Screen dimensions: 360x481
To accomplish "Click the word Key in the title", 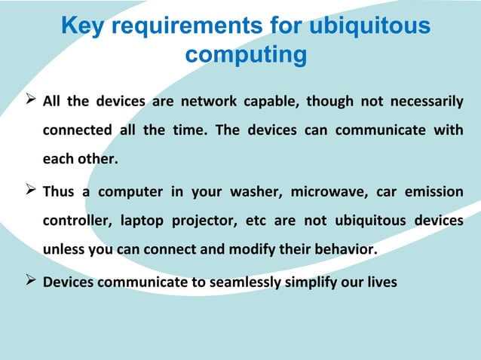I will click(81, 27).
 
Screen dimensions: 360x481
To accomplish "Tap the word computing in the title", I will click(246, 56).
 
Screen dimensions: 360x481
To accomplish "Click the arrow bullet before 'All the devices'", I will click(30, 101).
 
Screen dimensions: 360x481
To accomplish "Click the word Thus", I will click(59, 191).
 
